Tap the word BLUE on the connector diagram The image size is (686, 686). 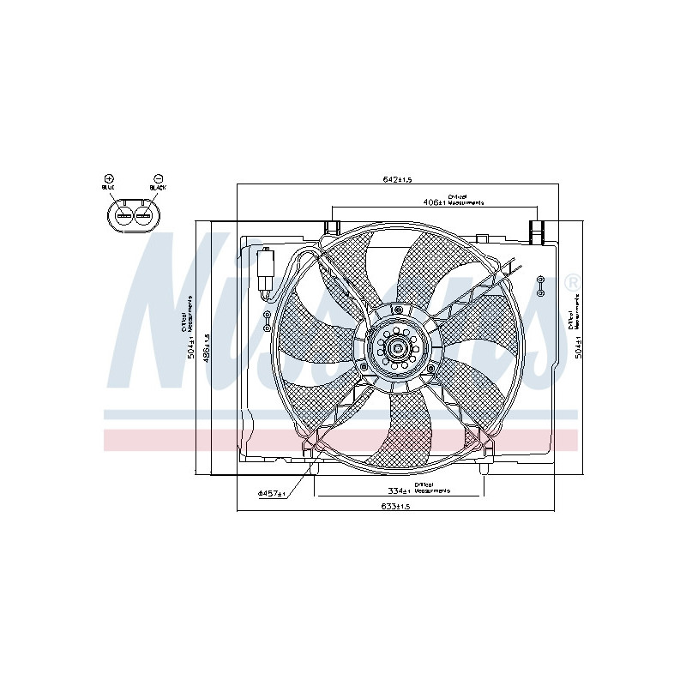tap(108, 186)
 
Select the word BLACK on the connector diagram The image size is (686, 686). tap(158, 186)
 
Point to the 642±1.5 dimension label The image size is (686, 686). tap(398, 179)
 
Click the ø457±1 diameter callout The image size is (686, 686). tap(271, 495)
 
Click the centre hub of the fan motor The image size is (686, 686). tap(397, 348)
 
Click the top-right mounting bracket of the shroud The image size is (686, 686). tap(538, 231)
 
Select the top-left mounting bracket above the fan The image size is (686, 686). tap(331, 228)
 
